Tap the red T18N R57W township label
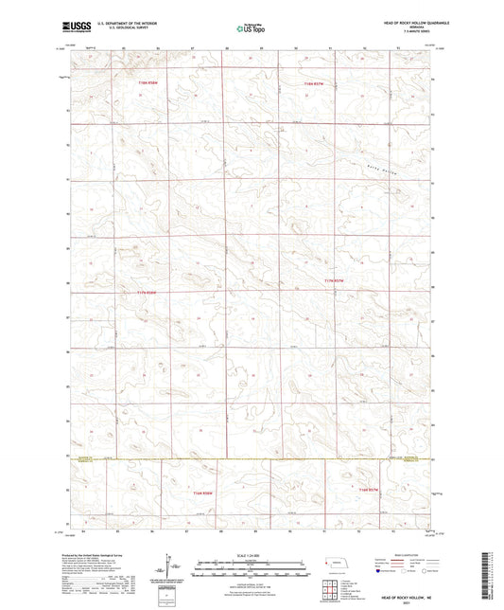pos(313,83)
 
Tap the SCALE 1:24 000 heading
pos(251,554)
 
